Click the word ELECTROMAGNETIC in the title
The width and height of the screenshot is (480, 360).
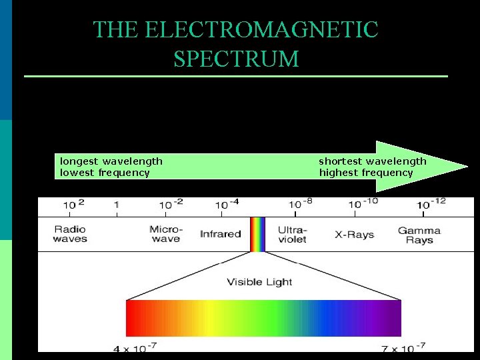261,30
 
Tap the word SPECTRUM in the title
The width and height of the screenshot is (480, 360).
236,59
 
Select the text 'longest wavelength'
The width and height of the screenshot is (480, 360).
111,161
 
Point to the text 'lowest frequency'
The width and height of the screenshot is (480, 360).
105,173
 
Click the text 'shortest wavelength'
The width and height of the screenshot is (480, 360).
373,161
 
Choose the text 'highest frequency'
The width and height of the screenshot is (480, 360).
366,173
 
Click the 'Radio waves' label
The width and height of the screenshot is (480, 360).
70,234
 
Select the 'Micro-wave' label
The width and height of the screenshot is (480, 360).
166,234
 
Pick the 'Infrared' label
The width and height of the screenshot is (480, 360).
221,234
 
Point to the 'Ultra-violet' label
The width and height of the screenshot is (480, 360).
291,234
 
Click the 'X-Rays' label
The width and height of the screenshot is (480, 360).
354,235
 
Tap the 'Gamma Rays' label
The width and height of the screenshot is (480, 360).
419,235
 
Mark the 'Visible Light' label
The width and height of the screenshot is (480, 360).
259,282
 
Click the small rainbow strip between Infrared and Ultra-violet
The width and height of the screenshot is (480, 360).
257,234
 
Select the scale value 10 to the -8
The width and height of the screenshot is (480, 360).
299,203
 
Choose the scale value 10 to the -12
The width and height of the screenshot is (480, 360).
431,203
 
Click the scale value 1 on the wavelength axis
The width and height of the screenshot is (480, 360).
117,204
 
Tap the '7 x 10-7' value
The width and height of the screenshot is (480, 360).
403,347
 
